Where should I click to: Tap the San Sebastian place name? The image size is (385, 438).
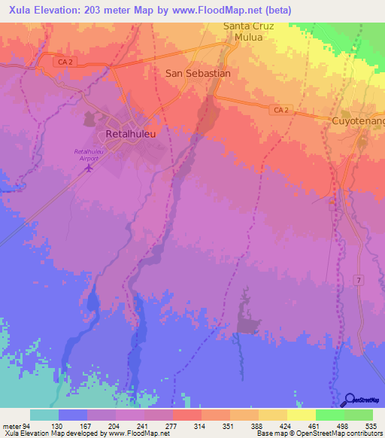pyautogui.click(x=197, y=74)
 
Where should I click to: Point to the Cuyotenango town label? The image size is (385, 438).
pyautogui.click(x=359, y=120)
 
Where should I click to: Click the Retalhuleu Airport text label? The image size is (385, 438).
pyautogui.click(x=89, y=154)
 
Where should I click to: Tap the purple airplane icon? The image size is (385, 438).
pyautogui.click(x=89, y=167)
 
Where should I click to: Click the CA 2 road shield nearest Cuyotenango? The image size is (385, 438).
pyautogui.click(x=280, y=111)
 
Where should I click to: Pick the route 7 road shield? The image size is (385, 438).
pyautogui.click(x=359, y=281)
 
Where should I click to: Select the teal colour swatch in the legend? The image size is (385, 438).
pyautogui.click(x=44, y=415)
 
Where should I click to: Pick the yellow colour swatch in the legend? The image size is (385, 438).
pyautogui.click(x=301, y=415)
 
